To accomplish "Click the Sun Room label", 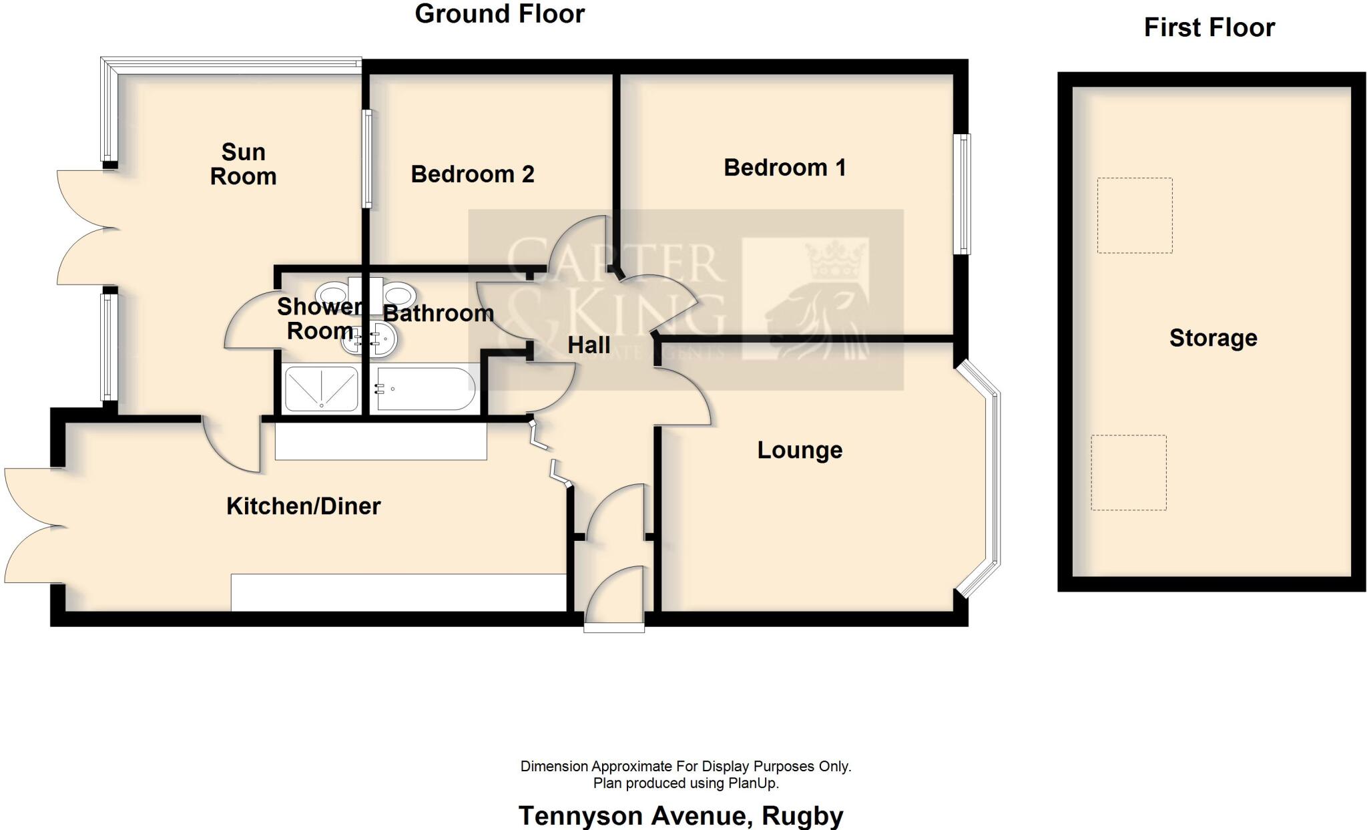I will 243,164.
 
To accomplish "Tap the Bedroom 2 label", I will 472,174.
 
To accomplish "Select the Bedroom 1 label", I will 784,168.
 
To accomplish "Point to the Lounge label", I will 799,450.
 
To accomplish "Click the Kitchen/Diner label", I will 303,506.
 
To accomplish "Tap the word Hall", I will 588,345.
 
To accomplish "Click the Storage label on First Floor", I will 1213,338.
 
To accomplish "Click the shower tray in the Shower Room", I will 321,388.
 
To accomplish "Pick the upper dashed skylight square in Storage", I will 1134,215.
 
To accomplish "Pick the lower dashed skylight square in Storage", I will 1129,473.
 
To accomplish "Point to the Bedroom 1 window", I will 962,194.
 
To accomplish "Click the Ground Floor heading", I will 499,14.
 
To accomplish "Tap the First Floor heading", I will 1209,28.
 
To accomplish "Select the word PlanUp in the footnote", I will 752,783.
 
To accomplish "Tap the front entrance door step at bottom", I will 614,628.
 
